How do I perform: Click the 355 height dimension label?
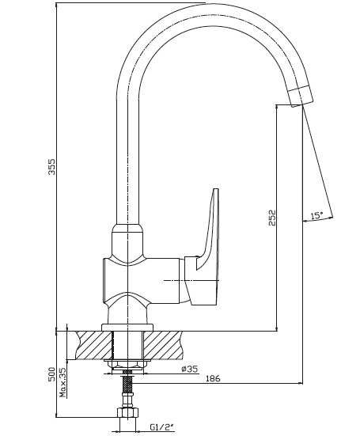tap(51, 166)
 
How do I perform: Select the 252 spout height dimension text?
tap(273, 218)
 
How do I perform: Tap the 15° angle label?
tap(316, 215)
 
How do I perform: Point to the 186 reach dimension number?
tap(213, 378)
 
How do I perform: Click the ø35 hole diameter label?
tap(189, 369)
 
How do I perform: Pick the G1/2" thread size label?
tap(161, 427)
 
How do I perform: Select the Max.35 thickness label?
tap(63, 382)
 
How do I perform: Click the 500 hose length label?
tap(51, 374)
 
